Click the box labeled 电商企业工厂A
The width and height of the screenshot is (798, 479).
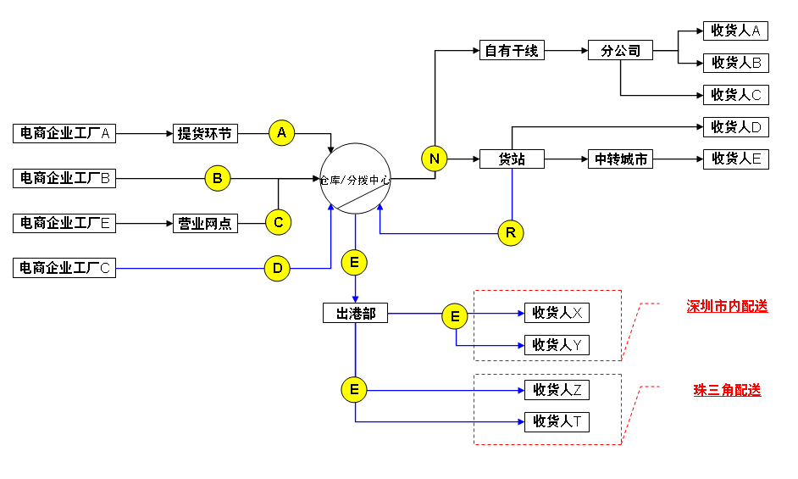(x=64, y=133)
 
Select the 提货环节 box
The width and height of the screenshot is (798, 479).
(x=205, y=133)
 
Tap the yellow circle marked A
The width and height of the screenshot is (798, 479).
(x=282, y=133)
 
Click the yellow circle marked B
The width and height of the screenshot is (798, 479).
(x=218, y=179)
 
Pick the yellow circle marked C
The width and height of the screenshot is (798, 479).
(x=278, y=223)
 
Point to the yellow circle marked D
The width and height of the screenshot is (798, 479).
(x=277, y=269)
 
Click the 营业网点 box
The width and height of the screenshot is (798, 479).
(x=205, y=224)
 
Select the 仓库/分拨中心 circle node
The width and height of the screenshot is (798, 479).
(x=355, y=178)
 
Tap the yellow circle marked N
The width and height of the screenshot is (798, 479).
(x=435, y=159)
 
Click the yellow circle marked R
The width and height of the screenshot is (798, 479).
(x=511, y=232)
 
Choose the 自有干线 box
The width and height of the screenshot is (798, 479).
(x=511, y=51)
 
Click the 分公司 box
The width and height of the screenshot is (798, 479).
(x=620, y=51)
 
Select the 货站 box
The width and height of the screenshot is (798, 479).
(x=511, y=159)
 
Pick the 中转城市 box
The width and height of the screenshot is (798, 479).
(x=620, y=159)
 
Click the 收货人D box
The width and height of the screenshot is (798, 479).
(x=735, y=127)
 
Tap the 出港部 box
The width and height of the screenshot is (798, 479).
(x=355, y=313)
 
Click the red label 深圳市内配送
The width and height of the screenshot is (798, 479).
(x=727, y=306)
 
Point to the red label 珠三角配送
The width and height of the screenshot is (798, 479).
(x=727, y=390)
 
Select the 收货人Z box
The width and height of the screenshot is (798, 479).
(x=557, y=390)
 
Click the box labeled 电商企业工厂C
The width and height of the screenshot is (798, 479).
(x=64, y=269)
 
